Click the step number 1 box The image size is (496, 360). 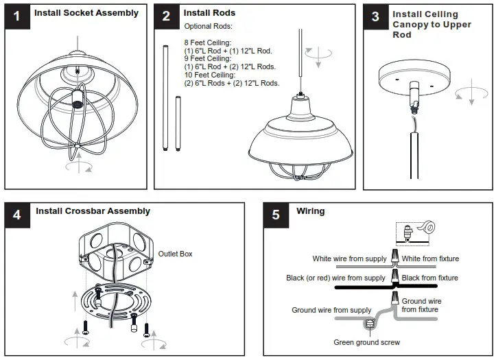pos(16,16)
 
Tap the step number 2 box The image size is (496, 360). pos(166,16)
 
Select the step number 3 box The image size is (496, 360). pos(375,16)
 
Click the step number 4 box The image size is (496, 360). pos(17,215)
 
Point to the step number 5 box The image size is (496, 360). pos(276,215)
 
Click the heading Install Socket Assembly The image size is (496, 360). pos(86,13)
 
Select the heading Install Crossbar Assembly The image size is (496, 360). pos(93,211)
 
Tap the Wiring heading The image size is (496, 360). pos(310,211)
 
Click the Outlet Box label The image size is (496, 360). pos(176,254)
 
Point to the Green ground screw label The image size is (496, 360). pos(366,342)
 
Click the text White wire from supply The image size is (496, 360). pos(349,259)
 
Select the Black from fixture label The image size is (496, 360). pos(429,278)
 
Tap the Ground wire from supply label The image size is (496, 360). pos(331,310)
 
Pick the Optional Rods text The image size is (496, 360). pos(208,26)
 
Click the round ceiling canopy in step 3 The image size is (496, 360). pos(414,75)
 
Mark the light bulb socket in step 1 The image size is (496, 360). pos(77,104)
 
